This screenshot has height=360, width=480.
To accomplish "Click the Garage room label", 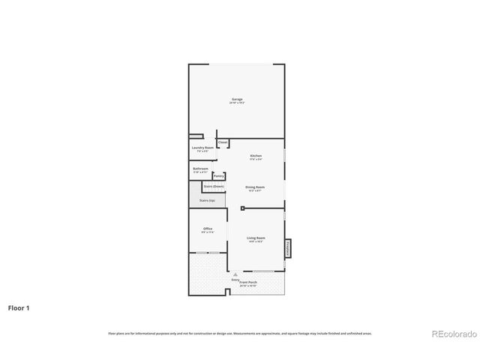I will point(237,99).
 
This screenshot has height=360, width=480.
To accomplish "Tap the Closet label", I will point(223,142).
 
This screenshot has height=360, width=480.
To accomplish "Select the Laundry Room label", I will point(199,148).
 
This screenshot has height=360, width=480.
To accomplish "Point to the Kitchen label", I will point(256,155).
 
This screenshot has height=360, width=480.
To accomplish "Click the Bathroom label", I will point(200,169).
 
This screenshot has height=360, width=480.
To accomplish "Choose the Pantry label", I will point(218,176).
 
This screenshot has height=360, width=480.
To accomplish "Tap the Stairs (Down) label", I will point(214,186).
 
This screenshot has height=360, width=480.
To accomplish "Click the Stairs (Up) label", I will point(207,200).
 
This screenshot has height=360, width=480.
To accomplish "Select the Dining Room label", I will point(255,187).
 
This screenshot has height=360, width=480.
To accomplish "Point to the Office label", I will point(208,229).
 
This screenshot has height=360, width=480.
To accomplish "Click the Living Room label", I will point(256,238).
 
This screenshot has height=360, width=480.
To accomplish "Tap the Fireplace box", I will point(287,248).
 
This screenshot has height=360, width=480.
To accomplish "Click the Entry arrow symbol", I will point(235,274).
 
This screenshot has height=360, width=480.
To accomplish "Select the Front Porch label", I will point(248,282).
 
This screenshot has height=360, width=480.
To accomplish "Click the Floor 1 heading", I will point(19,307).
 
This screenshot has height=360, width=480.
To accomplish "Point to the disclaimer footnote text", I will point(240,333).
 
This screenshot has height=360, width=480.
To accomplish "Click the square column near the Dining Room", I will point(242,208).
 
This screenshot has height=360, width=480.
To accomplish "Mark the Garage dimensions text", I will point(237,103).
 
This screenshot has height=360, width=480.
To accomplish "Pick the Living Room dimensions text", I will point(256,241).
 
